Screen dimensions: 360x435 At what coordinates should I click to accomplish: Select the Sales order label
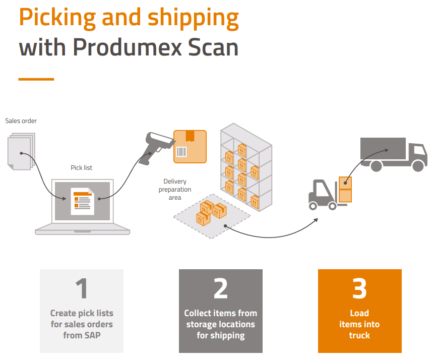click(21, 121)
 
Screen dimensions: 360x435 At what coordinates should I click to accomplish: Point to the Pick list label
click(82, 168)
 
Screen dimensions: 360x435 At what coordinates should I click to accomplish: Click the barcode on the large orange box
click(180, 152)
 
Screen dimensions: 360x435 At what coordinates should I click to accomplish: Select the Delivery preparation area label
click(175, 190)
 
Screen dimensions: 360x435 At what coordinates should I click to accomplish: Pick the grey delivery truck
click(393, 154)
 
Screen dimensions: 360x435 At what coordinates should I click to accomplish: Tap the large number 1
click(81, 288)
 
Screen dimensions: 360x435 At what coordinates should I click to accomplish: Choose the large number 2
click(220, 288)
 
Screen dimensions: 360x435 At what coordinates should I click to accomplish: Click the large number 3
click(359, 288)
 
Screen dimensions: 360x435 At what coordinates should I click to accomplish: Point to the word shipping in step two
click(228, 335)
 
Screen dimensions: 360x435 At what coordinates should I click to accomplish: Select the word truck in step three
click(359, 335)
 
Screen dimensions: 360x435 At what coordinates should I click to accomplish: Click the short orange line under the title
click(36, 79)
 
